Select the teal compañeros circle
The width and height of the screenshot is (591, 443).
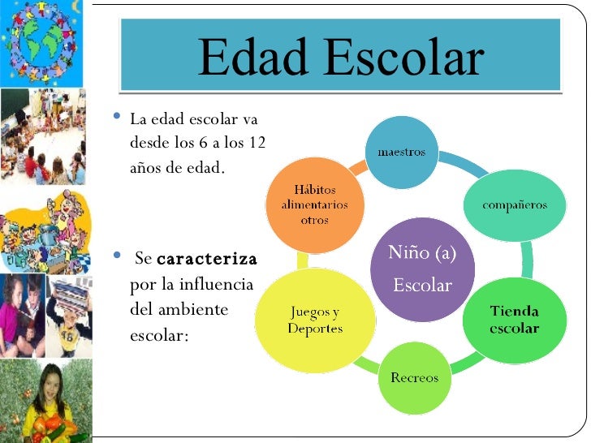[515, 204]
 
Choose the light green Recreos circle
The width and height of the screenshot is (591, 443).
[414, 377]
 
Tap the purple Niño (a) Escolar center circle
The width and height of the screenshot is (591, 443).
[422, 269]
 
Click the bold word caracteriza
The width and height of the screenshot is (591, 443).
[206, 260]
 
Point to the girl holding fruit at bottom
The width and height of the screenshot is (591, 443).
[47, 402]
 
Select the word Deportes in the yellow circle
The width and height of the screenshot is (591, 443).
[315, 329]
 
